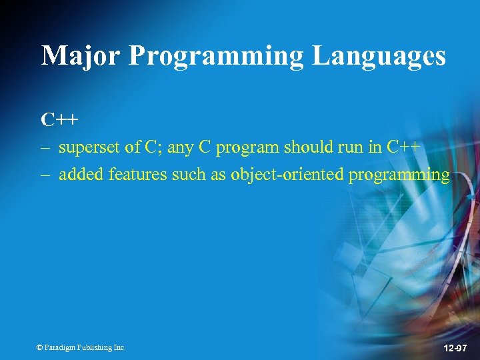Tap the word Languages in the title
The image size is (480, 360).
379,55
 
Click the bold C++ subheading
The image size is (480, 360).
59,120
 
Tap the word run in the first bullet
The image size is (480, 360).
353,147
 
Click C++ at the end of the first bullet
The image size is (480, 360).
403,147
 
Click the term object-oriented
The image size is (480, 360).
287,175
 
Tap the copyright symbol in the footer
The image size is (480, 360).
39,347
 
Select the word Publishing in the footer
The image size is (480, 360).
94,347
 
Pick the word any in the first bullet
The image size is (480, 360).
179,149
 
